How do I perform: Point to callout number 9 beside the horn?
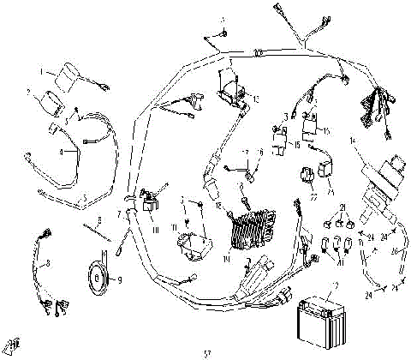(119, 279)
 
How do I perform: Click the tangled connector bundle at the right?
(373, 107)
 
